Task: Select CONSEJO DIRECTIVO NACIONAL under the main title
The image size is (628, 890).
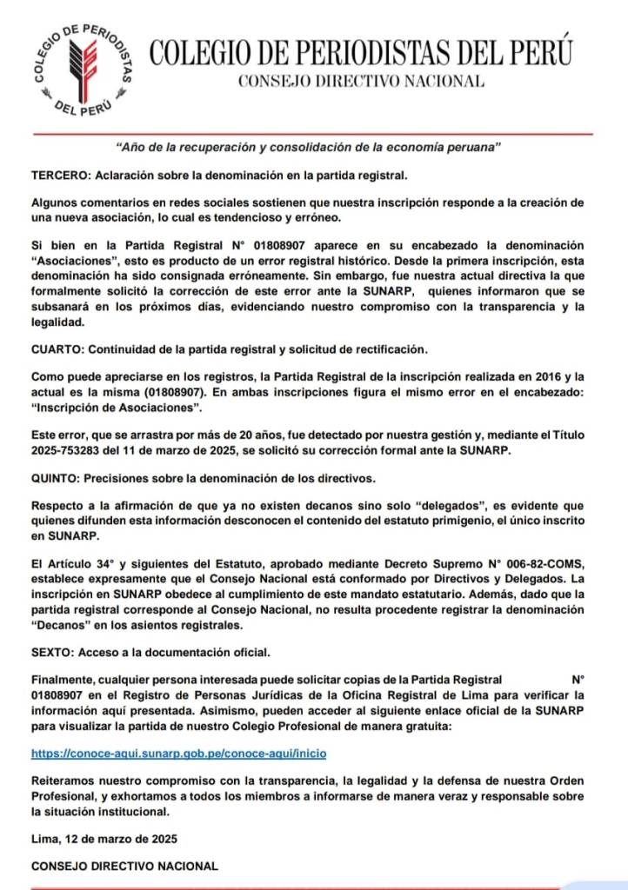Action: [x=361, y=81]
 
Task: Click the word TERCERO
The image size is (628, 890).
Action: [x=58, y=175]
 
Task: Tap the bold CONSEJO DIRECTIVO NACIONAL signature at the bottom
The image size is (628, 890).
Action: [x=124, y=867]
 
